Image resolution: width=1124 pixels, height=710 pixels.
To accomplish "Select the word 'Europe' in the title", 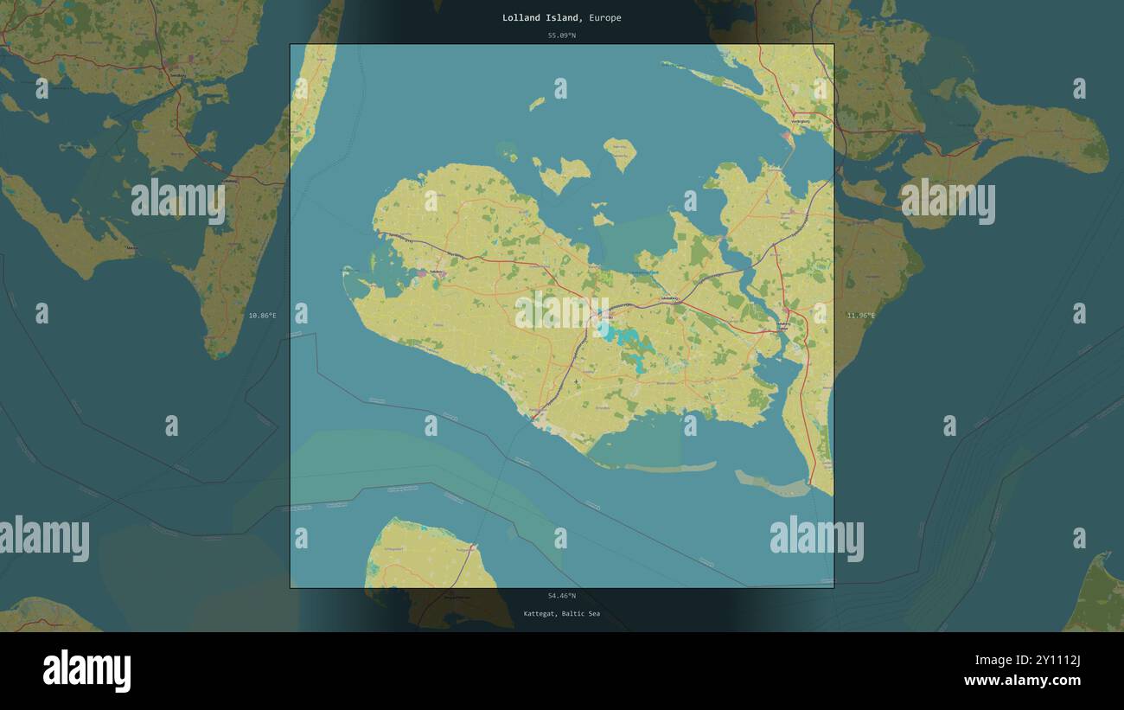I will (605, 17).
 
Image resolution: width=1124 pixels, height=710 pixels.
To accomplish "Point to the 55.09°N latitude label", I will (561, 35).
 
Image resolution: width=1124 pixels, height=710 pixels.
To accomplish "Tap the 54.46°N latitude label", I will (561, 595).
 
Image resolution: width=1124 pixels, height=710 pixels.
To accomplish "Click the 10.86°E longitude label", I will (262, 316).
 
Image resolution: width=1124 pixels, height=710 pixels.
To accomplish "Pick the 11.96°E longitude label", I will (860, 316).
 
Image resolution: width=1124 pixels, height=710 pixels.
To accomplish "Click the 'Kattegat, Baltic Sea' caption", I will (561, 613).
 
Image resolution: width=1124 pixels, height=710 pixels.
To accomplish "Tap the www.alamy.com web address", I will (1022, 681).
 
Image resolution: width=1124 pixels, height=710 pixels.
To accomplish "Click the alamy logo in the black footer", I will (86, 671).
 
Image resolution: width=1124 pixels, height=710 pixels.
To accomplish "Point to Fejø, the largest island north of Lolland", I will (563, 173).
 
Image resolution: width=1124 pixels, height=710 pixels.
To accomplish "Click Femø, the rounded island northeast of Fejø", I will (620, 153).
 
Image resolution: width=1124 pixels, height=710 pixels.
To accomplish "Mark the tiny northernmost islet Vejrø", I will (537, 104).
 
